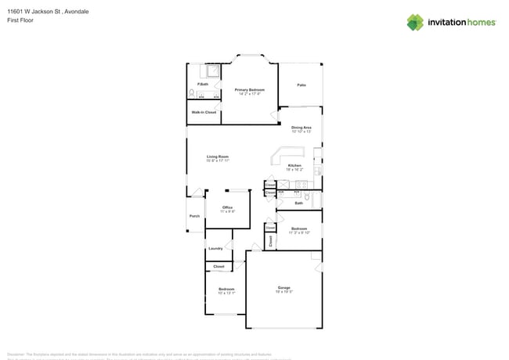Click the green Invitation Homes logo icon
(x=414, y=21)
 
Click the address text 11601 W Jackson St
(x=35, y=11)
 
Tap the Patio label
(x=301, y=85)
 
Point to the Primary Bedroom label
(x=249, y=89)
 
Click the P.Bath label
(x=203, y=84)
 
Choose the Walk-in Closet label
(x=204, y=112)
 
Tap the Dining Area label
(x=301, y=127)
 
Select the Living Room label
(x=218, y=157)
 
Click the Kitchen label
(x=294, y=165)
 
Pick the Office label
(x=227, y=207)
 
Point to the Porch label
(x=194, y=216)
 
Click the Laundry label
(x=215, y=248)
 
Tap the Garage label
(x=283, y=287)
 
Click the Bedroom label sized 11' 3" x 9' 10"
(x=299, y=229)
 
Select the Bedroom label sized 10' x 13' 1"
(x=226, y=289)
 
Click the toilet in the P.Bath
(x=191, y=95)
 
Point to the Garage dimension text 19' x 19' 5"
(x=283, y=292)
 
